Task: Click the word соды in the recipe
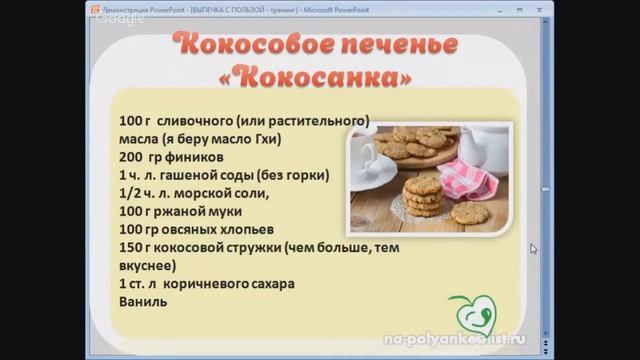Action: (233, 175)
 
